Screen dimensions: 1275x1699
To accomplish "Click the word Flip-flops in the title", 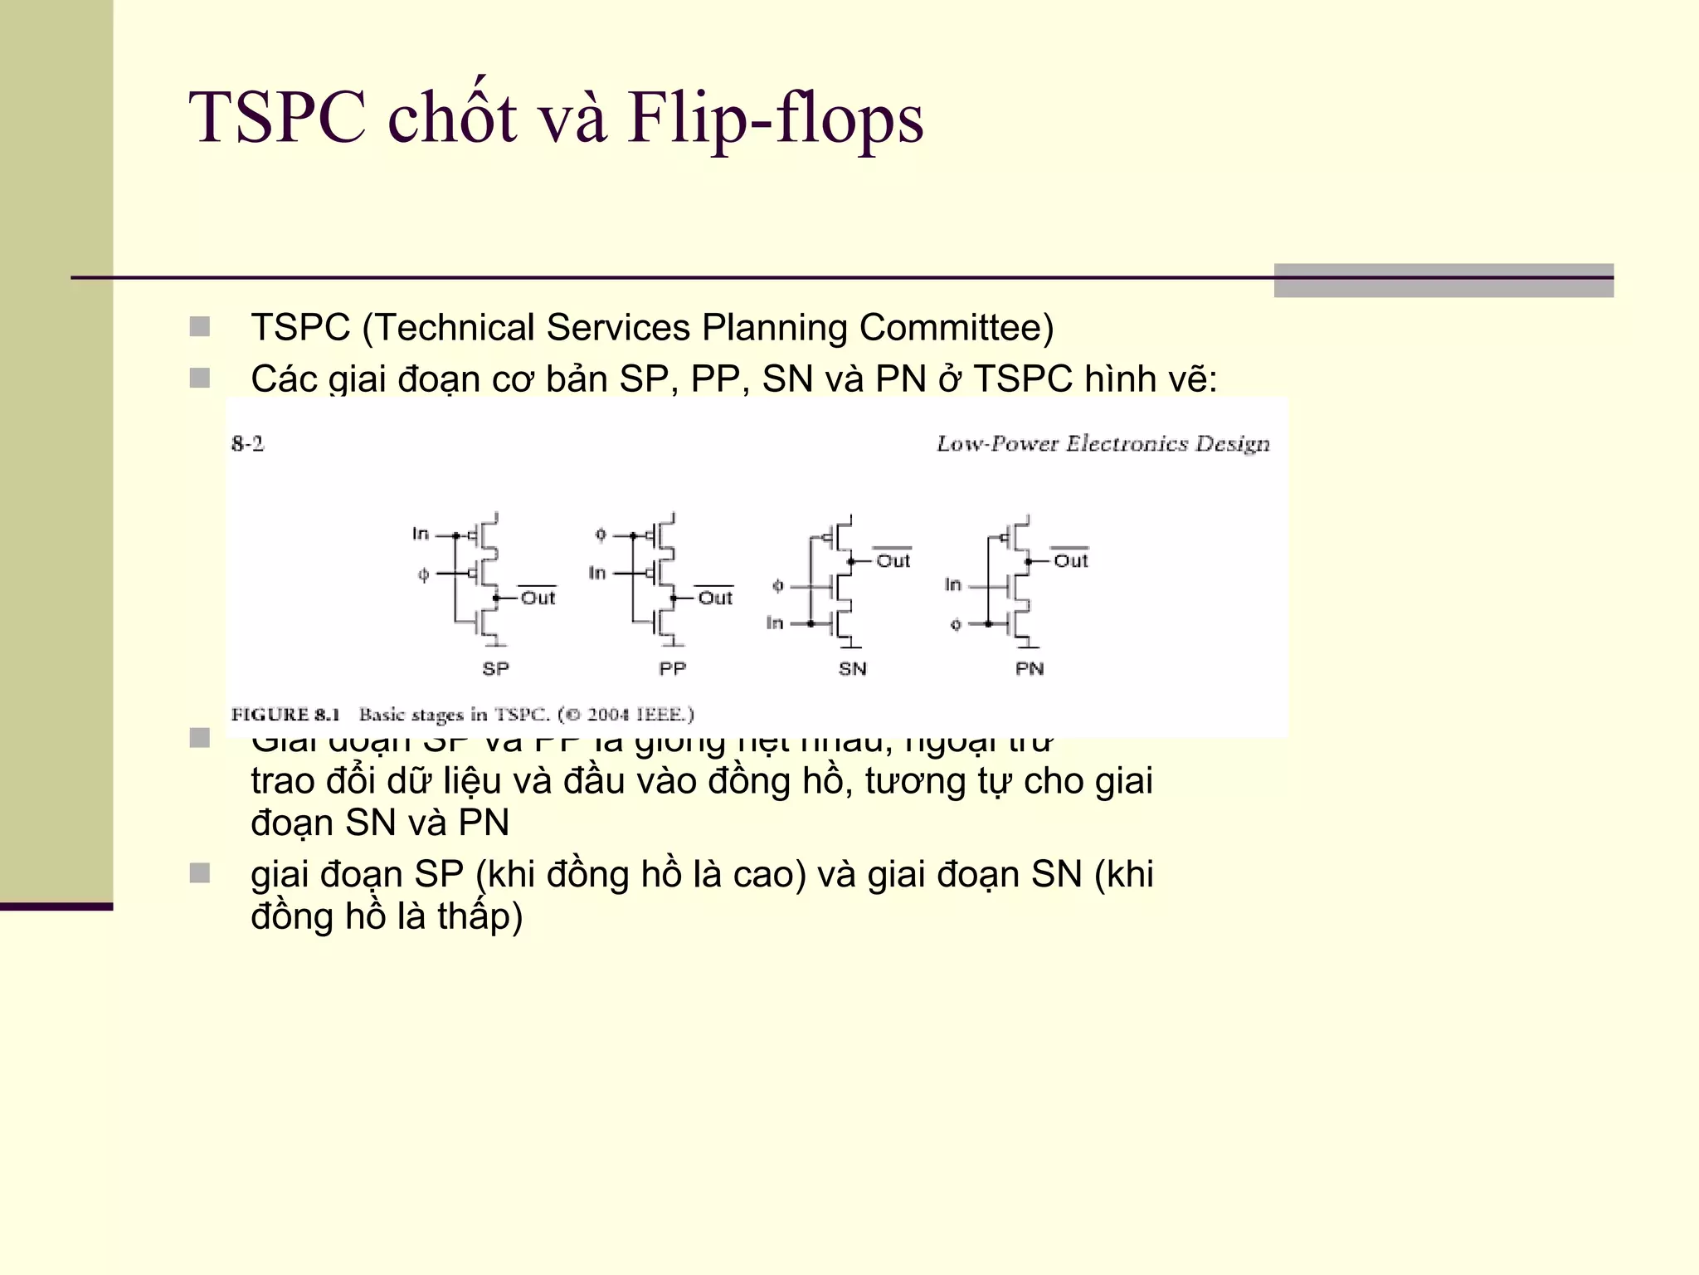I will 775,119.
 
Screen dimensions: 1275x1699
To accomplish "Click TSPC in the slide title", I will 277,119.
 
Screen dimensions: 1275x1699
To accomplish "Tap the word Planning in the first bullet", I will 775,327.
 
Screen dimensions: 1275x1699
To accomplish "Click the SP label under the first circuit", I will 495,669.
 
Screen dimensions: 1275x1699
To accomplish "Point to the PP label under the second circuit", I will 672,669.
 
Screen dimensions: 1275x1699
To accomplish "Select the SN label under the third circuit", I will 852,669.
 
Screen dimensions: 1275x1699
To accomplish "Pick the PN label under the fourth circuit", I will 1030,669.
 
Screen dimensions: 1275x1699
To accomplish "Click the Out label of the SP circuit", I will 538,598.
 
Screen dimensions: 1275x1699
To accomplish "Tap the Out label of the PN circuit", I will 1070,562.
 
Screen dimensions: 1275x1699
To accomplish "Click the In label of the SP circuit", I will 421,534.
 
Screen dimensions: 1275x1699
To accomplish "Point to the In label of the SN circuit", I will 774,623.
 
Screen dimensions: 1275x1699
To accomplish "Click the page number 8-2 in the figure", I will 247,444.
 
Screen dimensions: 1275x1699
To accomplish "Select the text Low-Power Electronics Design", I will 1103,444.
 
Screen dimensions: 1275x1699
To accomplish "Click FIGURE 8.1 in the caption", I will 285,715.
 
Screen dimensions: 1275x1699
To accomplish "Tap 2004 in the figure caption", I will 610,715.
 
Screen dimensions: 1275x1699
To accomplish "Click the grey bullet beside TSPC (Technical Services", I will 199,326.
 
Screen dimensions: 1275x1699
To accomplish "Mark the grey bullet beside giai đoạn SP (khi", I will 199,873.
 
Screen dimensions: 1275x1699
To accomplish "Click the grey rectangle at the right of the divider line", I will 1443,281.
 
